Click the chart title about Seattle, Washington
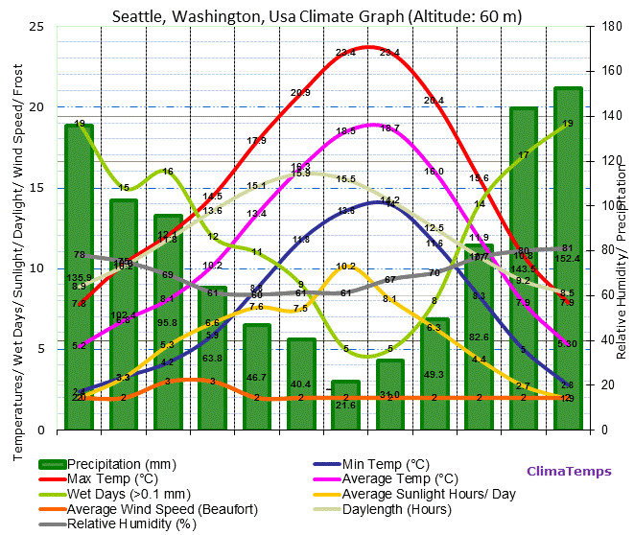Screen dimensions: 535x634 click(317, 16)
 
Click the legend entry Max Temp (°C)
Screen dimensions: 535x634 click(112, 478)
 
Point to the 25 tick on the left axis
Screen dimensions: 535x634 click(37, 26)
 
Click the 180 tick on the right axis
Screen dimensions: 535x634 click(604, 26)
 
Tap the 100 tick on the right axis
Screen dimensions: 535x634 click(604, 205)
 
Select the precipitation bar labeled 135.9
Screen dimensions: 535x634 click(79, 278)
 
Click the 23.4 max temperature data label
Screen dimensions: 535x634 click(345, 53)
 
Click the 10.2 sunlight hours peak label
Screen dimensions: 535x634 click(345, 267)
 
